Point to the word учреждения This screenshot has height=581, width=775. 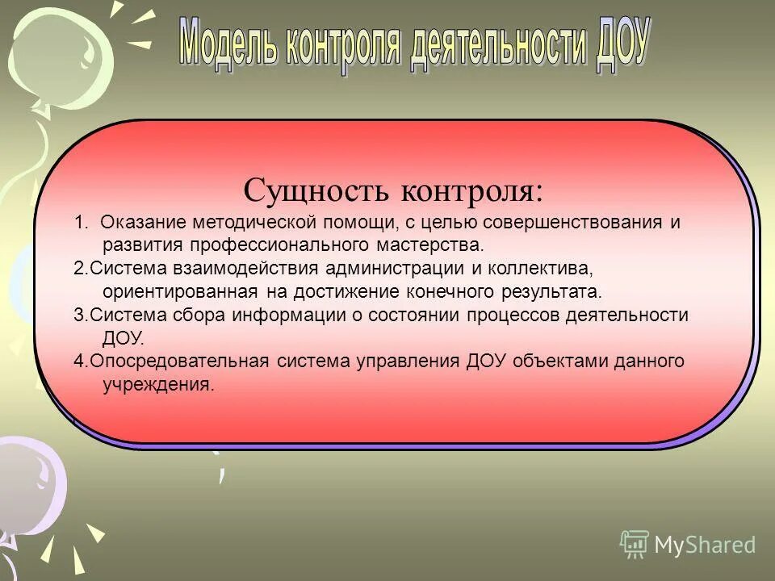[x=159, y=384]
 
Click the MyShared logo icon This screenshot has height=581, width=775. [x=634, y=545]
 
